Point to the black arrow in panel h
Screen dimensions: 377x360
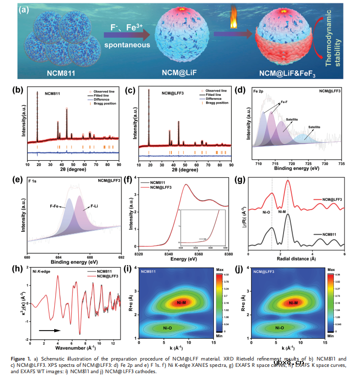(49, 331)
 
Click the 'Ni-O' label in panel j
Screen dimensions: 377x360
(281, 328)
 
